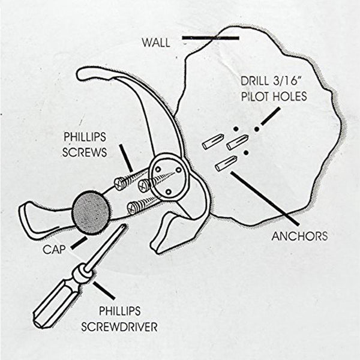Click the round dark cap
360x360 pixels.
[x=91, y=211]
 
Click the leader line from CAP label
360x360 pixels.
[x=79, y=242]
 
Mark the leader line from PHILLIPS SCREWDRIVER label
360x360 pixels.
[x=105, y=291]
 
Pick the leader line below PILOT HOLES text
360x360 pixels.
[x=271, y=116]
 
